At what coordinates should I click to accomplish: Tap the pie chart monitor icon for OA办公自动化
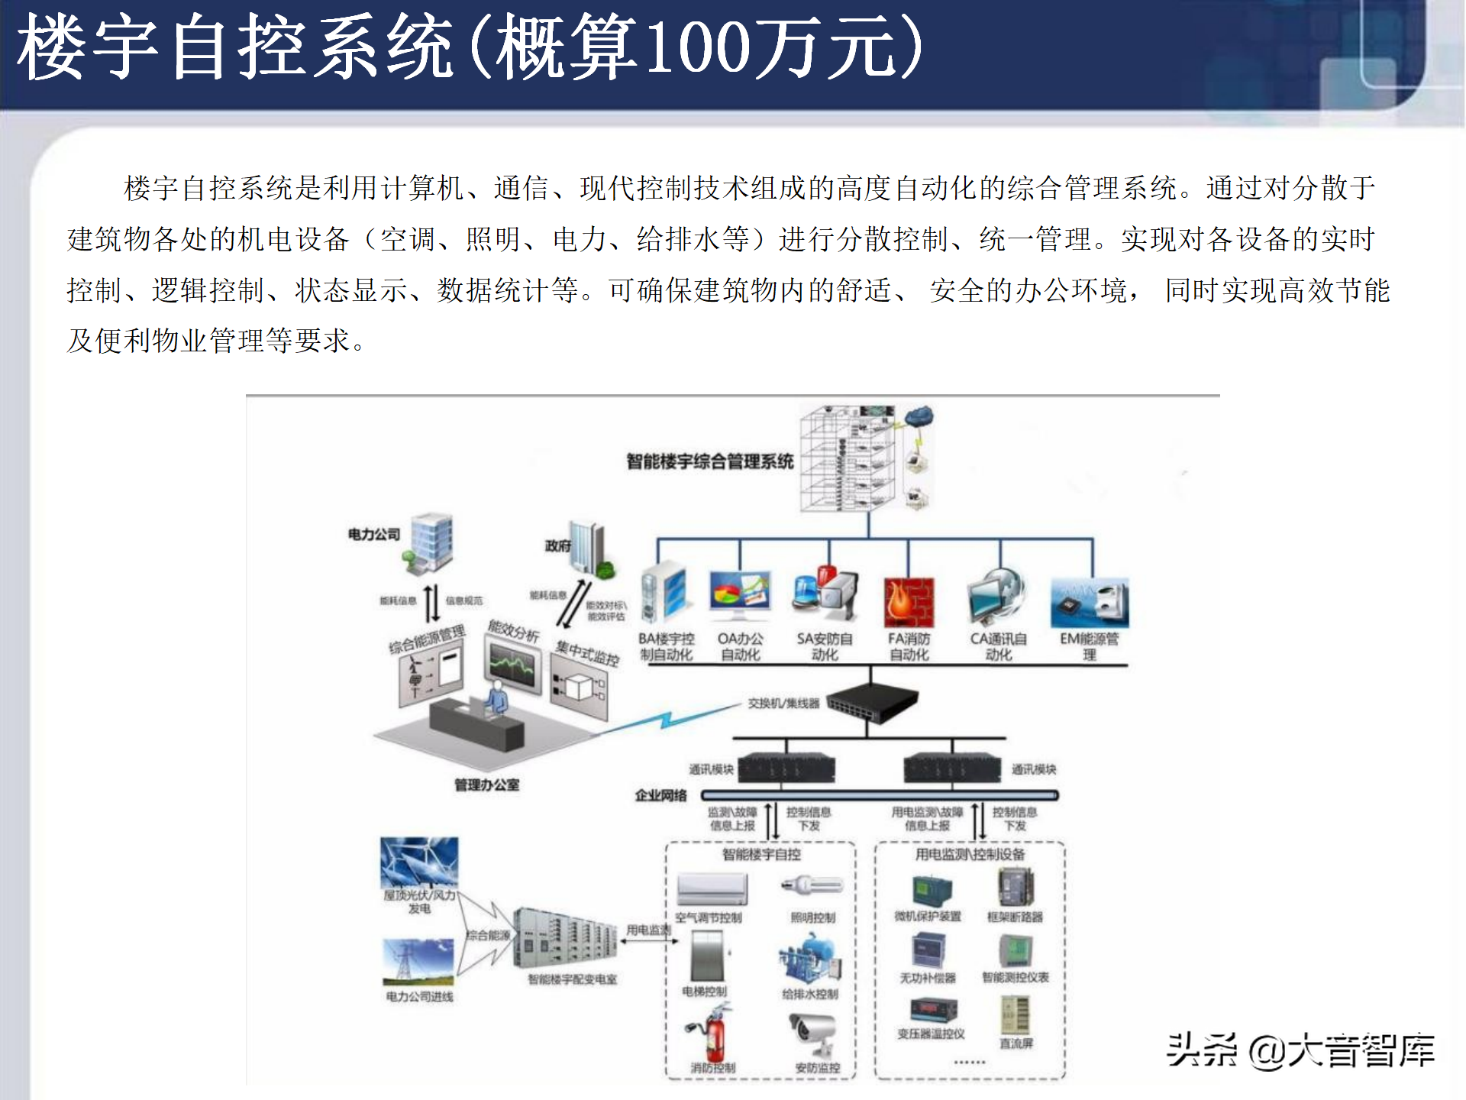click(x=739, y=596)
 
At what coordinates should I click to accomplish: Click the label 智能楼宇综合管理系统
click(x=709, y=461)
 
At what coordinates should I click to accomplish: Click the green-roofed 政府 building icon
click(x=591, y=549)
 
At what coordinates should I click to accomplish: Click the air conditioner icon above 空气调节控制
click(x=712, y=889)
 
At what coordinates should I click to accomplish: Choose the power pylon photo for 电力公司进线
click(x=418, y=961)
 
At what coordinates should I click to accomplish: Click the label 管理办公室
click(x=486, y=785)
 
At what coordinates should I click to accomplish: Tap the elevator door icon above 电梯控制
click(x=707, y=955)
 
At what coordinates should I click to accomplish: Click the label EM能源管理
click(x=1089, y=646)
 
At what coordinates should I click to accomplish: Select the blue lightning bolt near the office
click(x=667, y=720)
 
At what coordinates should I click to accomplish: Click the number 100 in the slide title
click(x=698, y=47)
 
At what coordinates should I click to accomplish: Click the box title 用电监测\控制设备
click(x=970, y=854)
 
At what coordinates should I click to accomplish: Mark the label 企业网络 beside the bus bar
click(x=660, y=795)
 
